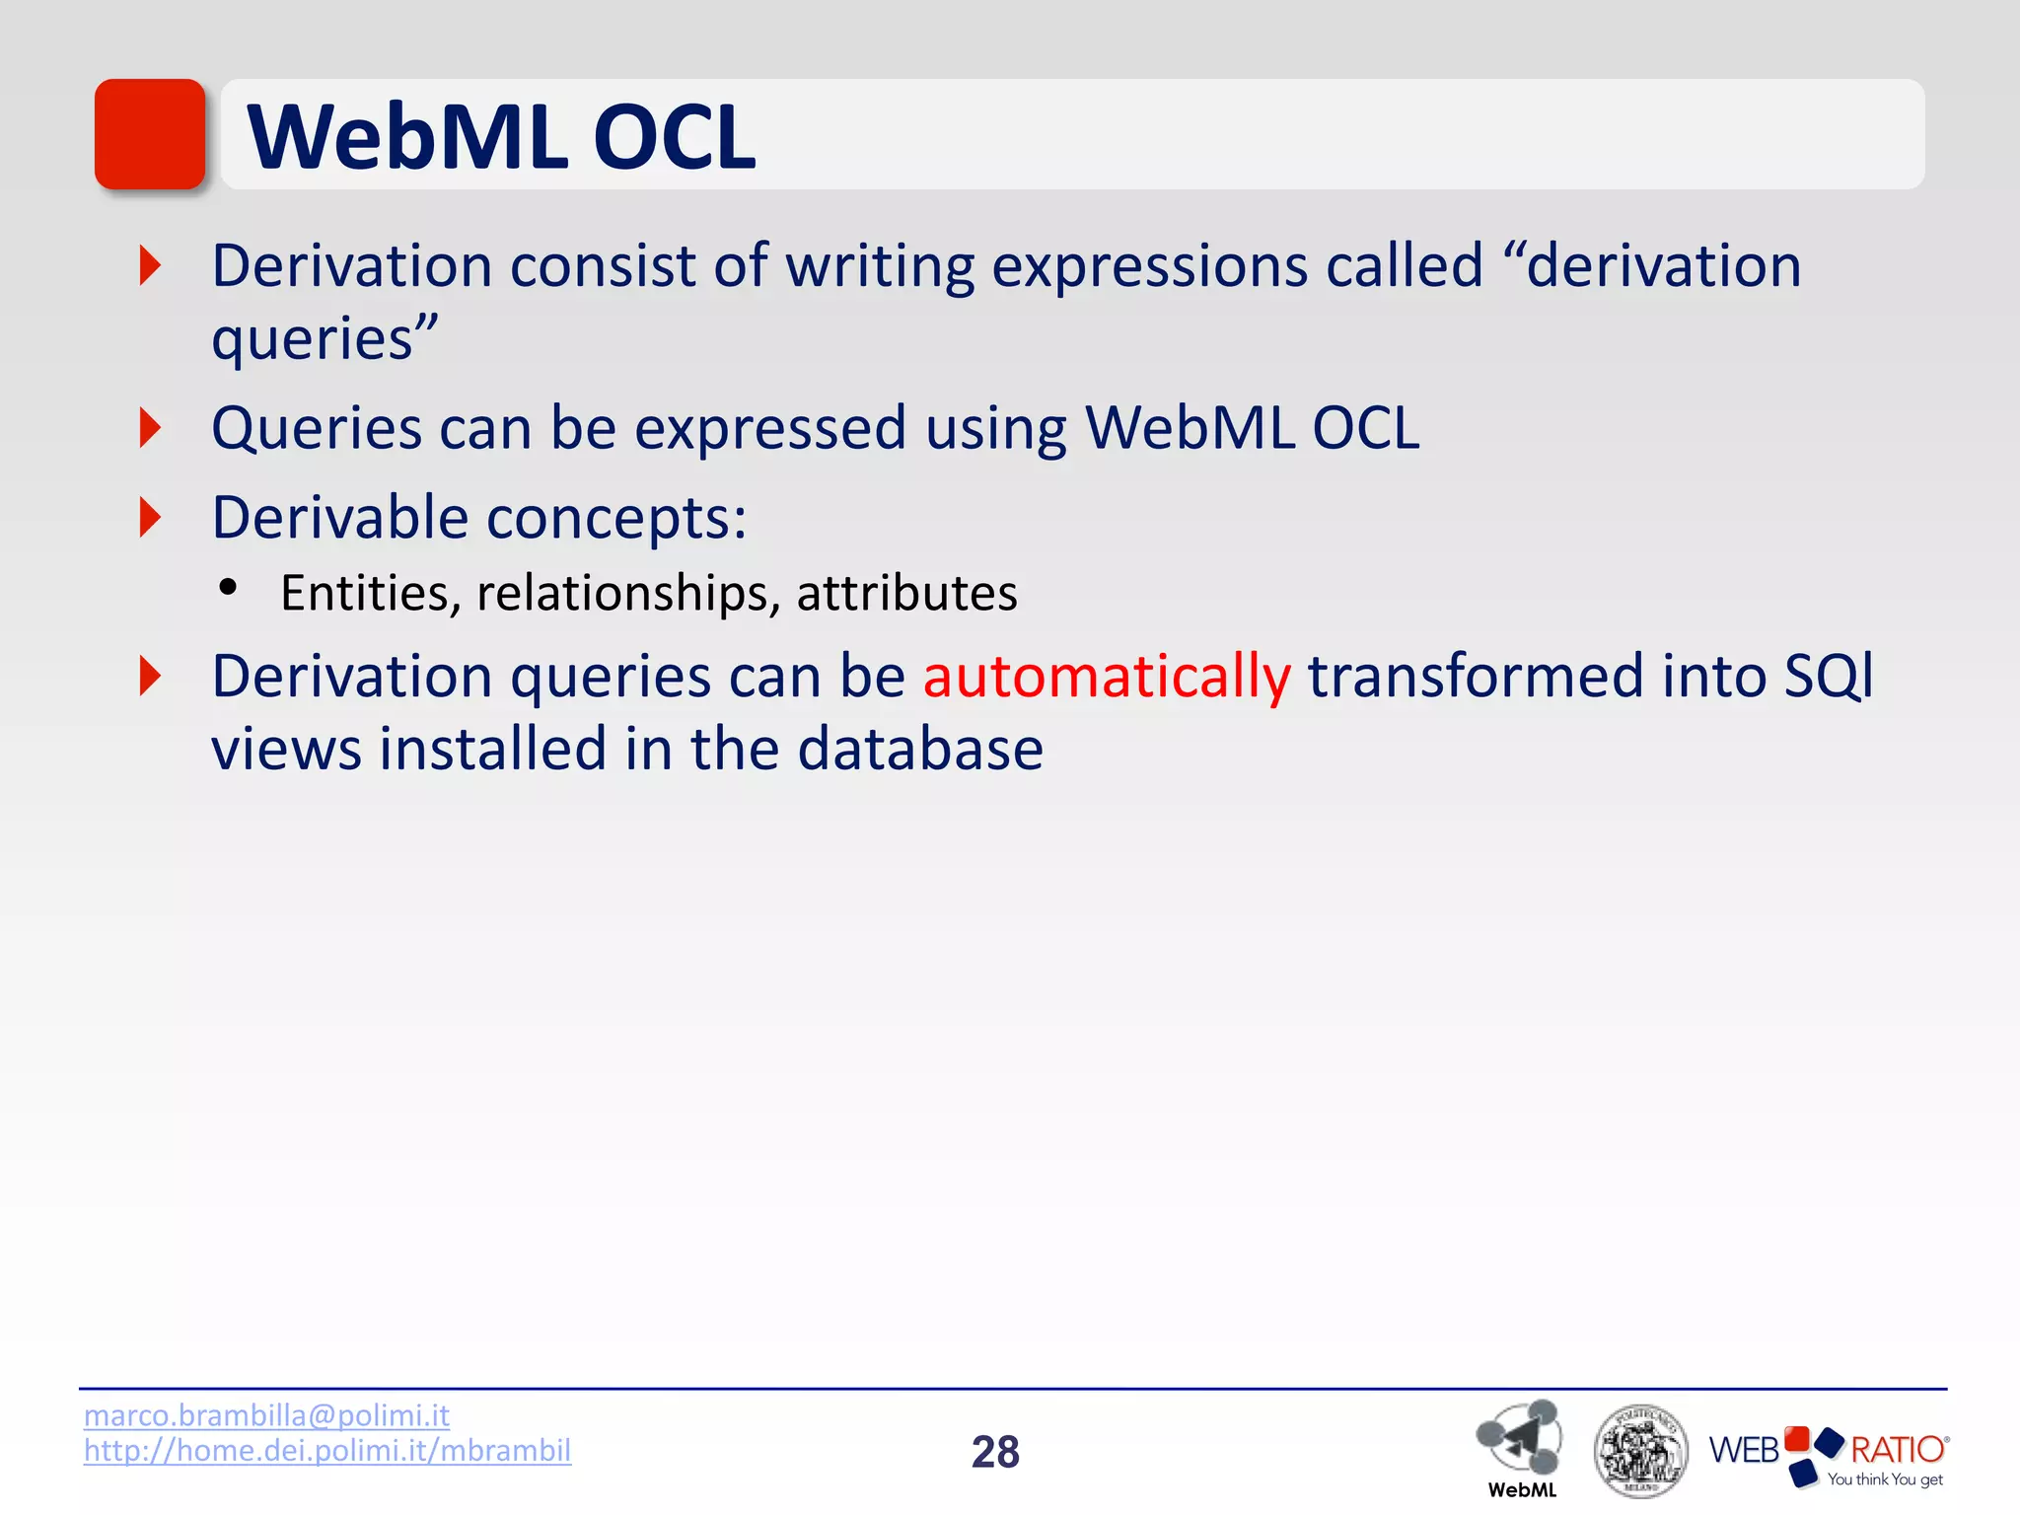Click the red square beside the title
pos(150,134)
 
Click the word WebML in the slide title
pos(406,138)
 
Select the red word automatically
pos(1106,678)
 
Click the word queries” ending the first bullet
pos(325,340)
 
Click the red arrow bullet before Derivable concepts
pos(150,518)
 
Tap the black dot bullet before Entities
pos(229,588)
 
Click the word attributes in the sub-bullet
pos(906,594)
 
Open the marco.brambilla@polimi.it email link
pos(266,1415)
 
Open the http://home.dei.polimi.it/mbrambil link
pos(327,1451)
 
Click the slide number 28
pos(995,1452)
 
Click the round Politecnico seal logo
pos(1639,1451)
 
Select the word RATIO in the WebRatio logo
pos(1896,1449)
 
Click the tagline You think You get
pos(1884,1479)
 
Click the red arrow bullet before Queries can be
pos(150,428)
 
